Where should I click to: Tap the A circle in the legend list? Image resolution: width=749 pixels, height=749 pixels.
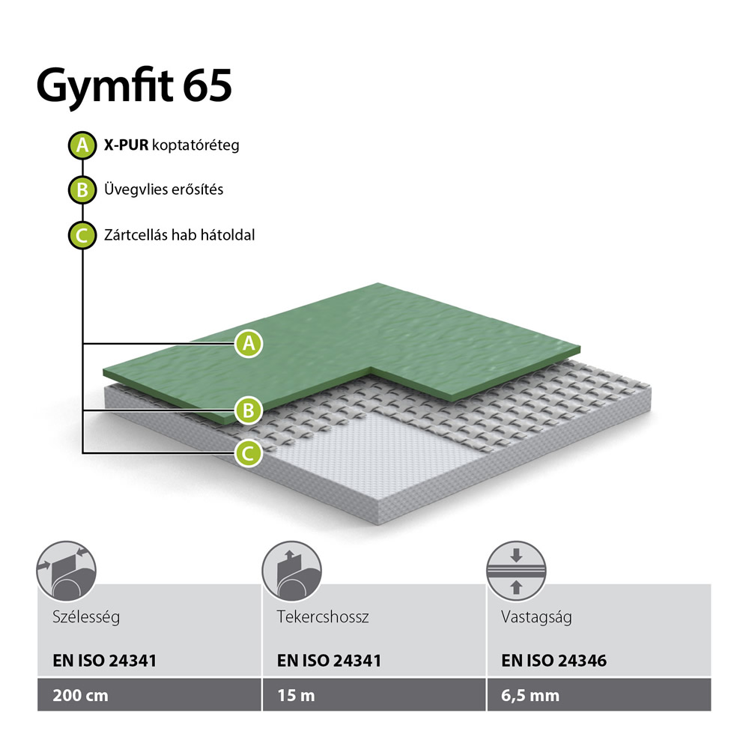point(82,145)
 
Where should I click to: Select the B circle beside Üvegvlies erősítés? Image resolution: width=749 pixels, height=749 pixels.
point(82,190)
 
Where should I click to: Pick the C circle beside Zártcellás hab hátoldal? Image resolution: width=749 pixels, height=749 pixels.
point(82,235)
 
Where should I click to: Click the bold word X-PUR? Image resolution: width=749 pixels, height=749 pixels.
point(126,145)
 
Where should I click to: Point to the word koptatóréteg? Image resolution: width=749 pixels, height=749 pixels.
point(195,145)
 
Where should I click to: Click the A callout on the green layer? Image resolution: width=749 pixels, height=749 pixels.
point(249,344)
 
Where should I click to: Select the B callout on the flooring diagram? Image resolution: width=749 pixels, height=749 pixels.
point(249,410)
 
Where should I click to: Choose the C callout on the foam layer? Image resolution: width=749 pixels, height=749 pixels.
point(249,453)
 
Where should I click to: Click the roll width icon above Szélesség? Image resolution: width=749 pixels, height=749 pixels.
point(67,571)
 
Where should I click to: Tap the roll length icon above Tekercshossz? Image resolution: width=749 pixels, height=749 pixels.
point(291,571)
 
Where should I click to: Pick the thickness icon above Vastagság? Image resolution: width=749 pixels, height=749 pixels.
point(516,571)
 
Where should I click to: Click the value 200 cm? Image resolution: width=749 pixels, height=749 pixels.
point(80,696)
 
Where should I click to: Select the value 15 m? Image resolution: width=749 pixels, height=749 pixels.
point(296,696)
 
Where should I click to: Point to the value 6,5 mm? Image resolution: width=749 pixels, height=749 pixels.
point(530,696)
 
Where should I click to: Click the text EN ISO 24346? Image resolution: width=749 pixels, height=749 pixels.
point(554,661)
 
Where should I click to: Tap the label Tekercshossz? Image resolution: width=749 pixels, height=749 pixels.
point(323,616)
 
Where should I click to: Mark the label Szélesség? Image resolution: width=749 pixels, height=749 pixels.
point(86,617)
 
